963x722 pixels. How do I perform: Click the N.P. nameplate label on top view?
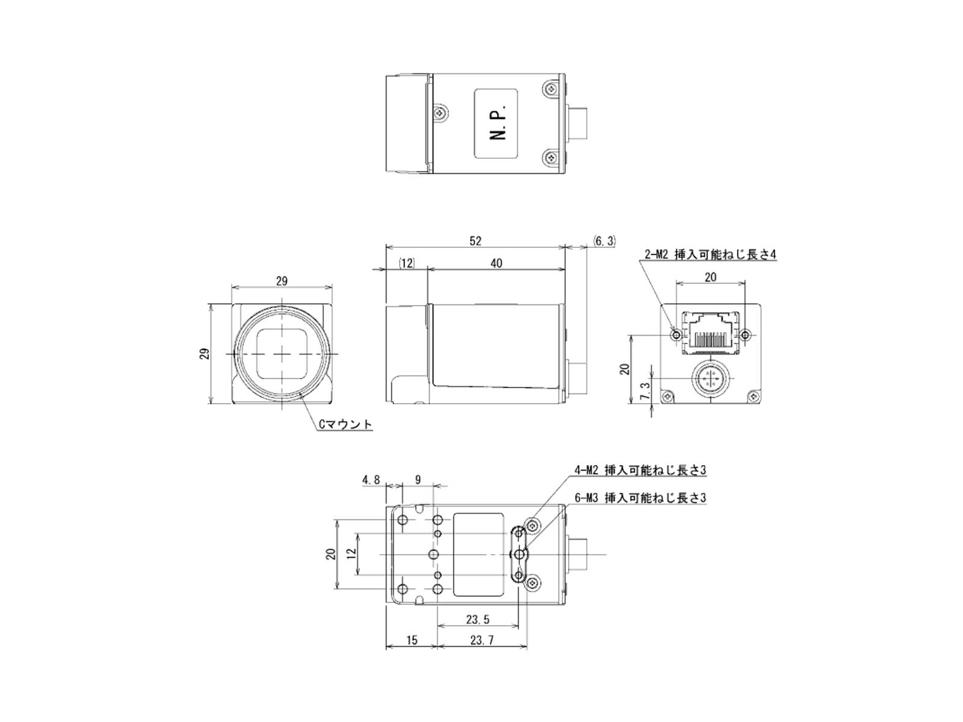point(496,123)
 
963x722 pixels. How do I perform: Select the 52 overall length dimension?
point(475,241)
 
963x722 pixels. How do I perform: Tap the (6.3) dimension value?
point(604,241)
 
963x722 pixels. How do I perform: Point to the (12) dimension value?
point(406,263)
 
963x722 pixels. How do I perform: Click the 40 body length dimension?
point(496,263)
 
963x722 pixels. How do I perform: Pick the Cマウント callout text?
point(345,424)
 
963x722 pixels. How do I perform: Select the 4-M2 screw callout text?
point(640,470)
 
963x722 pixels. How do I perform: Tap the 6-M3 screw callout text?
point(640,498)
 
